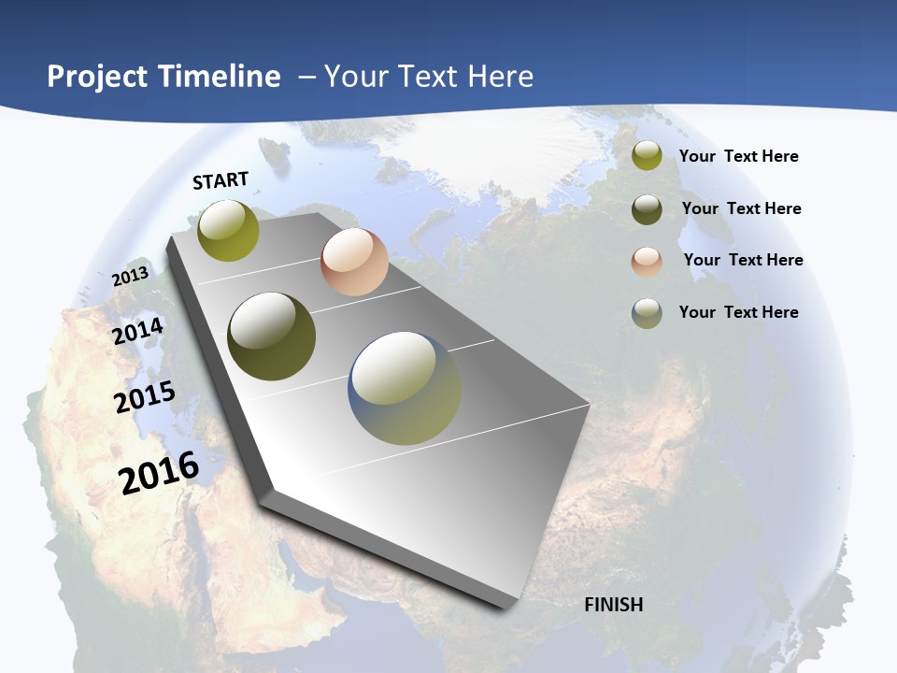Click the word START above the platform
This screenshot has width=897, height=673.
click(x=221, y=180)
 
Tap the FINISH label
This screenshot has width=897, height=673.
click(x=614, y=605)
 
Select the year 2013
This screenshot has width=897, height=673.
click(x=131, y=277)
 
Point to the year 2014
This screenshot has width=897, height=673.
click(x=138, y=332)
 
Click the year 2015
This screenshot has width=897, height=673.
click(x=145, y=397)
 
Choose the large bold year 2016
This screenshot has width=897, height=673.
click(x=159, y=472)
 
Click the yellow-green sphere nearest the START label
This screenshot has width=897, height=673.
click(x=228, y=231)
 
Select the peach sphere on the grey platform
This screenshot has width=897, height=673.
click(x=354, y=262)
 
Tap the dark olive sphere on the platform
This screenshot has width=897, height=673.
click(x=271, y=336)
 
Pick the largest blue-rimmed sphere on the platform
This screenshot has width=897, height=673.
click(x=405, y=388)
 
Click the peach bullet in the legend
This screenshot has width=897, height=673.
click(x=647, y=262)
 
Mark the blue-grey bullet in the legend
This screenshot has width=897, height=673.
click(x=647, y=313)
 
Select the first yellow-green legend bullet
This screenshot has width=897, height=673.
click(x=647, y=156)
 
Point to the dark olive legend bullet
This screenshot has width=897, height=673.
click(x=647, y=209)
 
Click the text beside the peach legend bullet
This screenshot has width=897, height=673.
click(x=743, y=260)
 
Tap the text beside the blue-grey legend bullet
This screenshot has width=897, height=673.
click(x=738, y=312)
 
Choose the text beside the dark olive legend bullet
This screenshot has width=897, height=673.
click(x=741, y=208)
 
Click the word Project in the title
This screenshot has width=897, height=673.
click(x=97, y=77)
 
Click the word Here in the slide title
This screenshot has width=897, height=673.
click(x=500, y=77)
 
